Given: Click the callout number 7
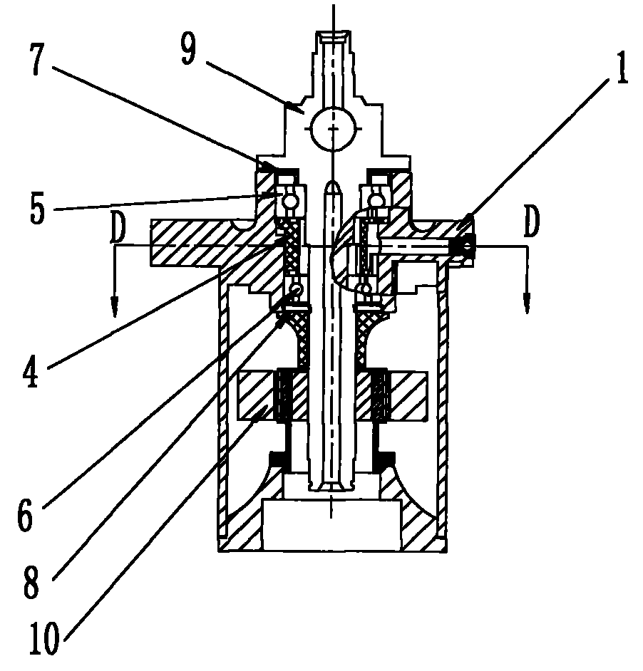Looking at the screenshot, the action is click(38, 59).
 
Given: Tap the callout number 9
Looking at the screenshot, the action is click(189, 50).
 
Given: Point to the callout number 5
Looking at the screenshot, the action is click(38, 209).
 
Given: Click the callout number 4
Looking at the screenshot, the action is click(31, 372).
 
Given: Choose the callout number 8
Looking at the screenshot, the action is click(31, 581).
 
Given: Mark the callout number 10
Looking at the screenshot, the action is click(44, 638).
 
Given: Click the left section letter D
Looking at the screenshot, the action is click(118, 225).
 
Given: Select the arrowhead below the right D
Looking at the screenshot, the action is click(528, 304).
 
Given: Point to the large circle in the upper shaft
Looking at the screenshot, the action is click(334, 128).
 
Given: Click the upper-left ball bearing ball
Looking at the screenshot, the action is click(290, 200).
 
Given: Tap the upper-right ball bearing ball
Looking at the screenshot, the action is click(377, 200).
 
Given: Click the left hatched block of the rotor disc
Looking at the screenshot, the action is click(257, 395).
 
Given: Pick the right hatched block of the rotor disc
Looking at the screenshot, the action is click(408, 395).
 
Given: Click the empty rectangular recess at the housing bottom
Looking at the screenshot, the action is click(332, 525).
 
